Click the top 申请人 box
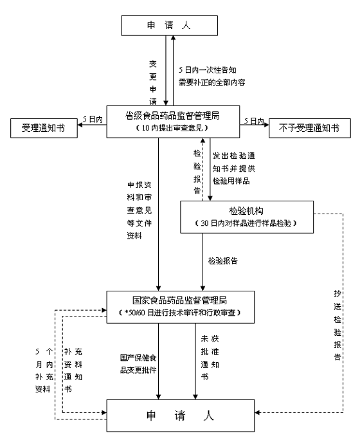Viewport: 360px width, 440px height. pyautogui.click(x=169, y=26)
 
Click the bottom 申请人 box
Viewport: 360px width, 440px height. pyautogui.click(x=180, y=416)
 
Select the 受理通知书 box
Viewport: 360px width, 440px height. pyautogui.click(x=44, y=128)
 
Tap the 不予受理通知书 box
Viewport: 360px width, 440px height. pyautogui.click(x=309, y=128)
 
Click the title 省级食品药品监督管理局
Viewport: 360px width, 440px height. pyautogui.click(x=172, y=116)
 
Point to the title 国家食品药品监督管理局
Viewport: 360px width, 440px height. pyautogui.click(x=180, y=300)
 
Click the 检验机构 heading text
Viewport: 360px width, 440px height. pyautogui.click(x=246, y=211)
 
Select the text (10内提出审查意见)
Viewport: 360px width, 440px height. pyautogui.click(x=172, y=128)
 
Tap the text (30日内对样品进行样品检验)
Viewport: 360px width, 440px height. pyautogui.click(x=246, y=223)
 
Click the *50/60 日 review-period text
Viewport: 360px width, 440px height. pyautogui.click(x=180, y=313)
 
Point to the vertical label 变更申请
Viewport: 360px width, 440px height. pyautogui.click(x=153, y=83)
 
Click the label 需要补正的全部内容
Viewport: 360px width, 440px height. pyautogui.click(x=212, y=82)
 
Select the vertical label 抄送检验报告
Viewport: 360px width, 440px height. pyautogui.click(x=337, y=325)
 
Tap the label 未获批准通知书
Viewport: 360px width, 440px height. pyautogui.click(x=210, y=358)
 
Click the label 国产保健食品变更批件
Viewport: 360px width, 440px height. pyautogui.click(x=138, y=363)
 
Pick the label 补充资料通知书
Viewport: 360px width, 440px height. pyautogui.click(x=73, y=370)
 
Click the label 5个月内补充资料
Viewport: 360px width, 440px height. pyautogui.click(x=44, y=370)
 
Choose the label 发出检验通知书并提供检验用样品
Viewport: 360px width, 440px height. pyautogui.click(x=233, y=168)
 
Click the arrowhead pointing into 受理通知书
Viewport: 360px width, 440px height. pyautogui.click(x=80, y=124)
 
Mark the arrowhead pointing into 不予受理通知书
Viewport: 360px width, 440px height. pyautogui.click(x=266, y=124)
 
